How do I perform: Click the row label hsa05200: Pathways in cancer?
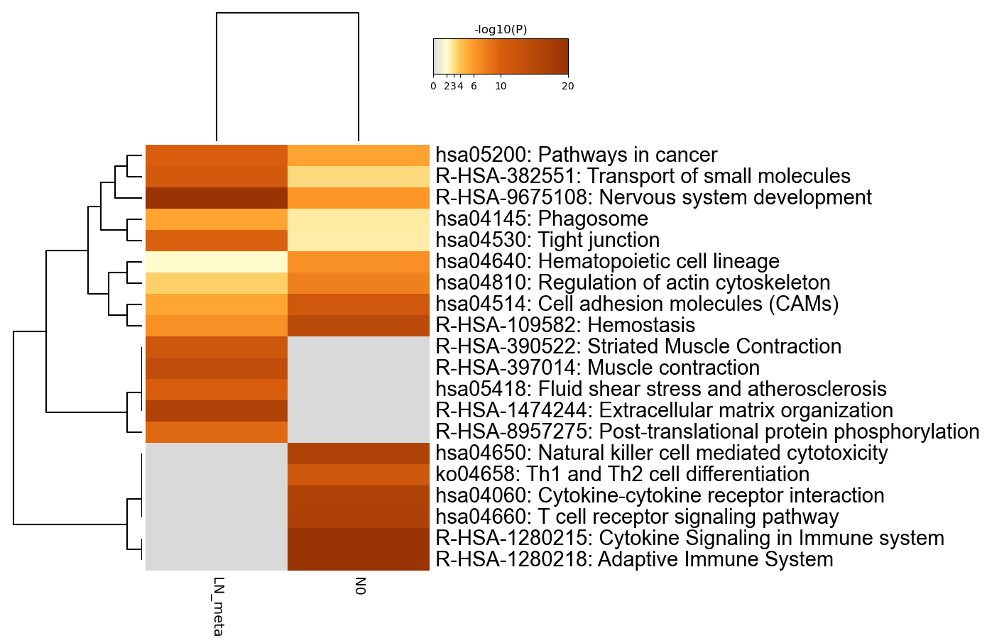(x=577, y=155)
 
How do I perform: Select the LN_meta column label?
(x=219, y=606)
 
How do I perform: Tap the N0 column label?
(x=361, y=586)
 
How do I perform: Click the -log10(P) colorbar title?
(x=501, y=30)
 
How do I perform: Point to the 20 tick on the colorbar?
(x=567, y=87)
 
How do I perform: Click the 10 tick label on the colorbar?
(x=501, y=87)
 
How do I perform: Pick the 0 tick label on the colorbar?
(x=433, y=87)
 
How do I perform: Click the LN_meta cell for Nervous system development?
(x=217, y=198)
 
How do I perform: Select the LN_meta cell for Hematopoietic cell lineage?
(x=217, y=262)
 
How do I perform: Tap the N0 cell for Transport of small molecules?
(x=358, y=177)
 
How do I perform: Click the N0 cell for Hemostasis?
(x=358, y=326)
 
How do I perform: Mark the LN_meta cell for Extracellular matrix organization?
(x=217, y=410)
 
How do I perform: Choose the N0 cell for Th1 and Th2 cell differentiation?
(x=358, y=474)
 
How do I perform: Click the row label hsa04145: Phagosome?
(x=542, y=219)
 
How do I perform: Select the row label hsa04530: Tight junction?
(x=547, y=240)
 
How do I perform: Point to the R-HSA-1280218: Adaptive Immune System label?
(x=635, y=559)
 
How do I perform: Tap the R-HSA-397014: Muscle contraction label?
(x=597, y=368)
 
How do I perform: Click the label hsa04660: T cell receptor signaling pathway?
(x=637, y=517)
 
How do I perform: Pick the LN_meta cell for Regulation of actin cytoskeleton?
(x=217, y=282)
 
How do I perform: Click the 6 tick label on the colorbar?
(x=474, y=87)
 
